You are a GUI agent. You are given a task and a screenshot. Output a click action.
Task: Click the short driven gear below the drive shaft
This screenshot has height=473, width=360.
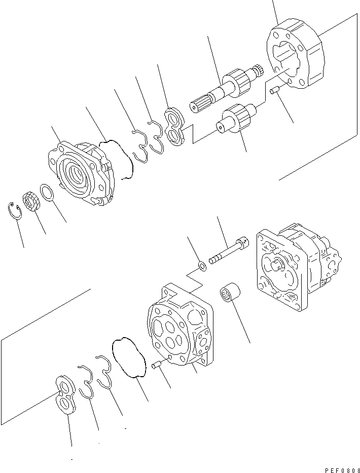235,120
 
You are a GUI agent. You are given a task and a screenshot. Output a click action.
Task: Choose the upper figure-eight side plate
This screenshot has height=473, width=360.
175,127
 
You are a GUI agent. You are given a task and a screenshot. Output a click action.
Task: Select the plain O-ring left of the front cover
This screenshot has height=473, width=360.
48,193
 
